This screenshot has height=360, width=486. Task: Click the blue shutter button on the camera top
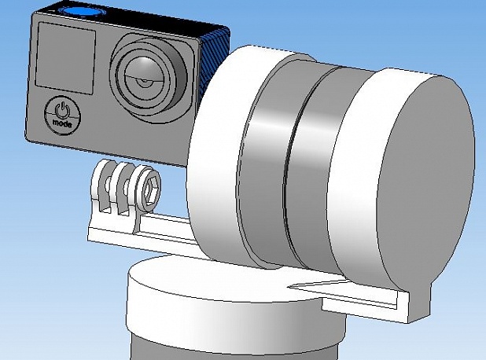82,11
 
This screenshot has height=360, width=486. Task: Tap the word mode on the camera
62,123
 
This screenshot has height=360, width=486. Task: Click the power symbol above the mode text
61,109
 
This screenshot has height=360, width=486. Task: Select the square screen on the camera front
65,58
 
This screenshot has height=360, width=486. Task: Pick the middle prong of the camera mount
120,189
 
